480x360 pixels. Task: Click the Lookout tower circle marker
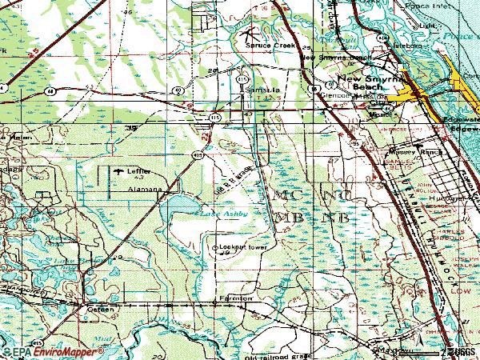click(214, 248)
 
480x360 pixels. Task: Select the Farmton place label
click(236, 298)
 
